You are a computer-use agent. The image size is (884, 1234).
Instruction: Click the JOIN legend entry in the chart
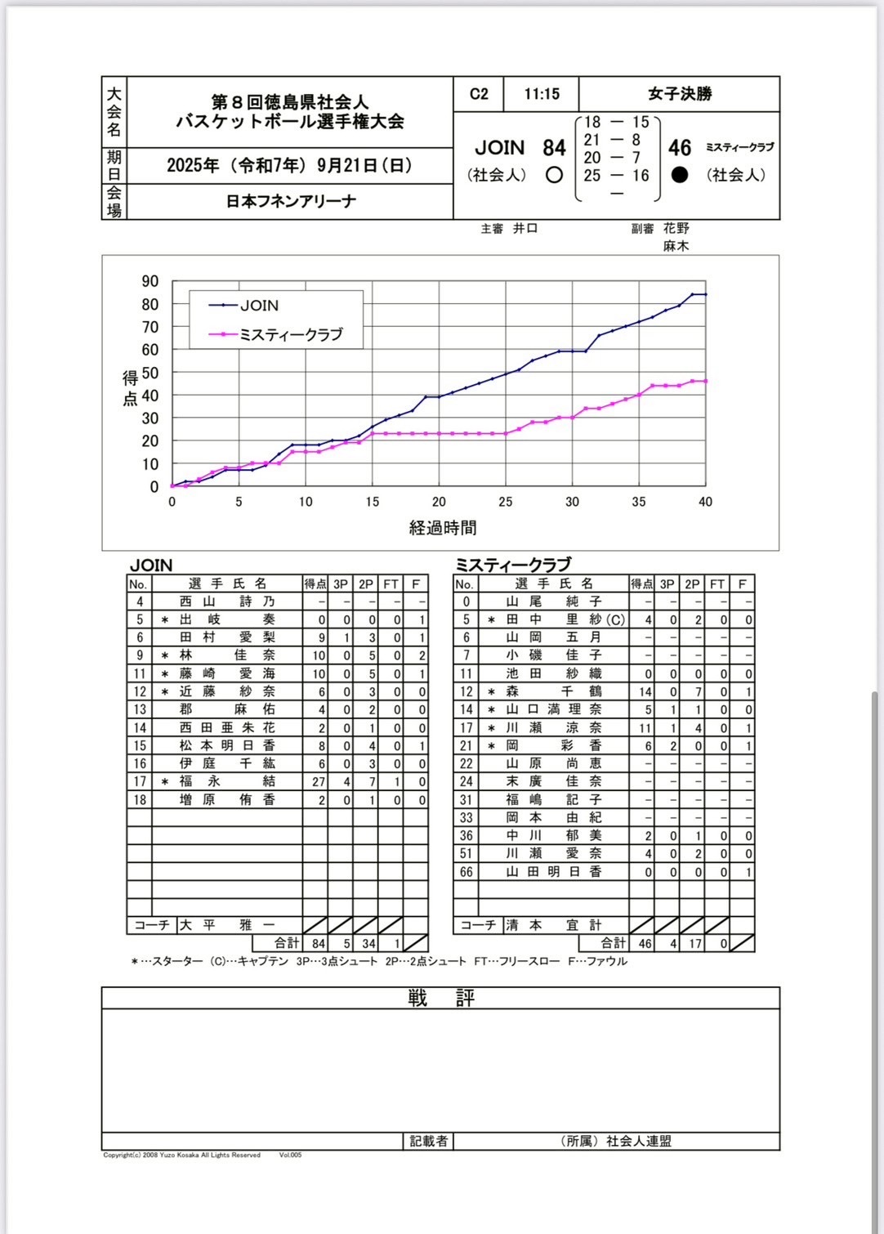pos(259,306)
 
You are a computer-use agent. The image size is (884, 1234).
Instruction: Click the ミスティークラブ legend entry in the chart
pos(290,334)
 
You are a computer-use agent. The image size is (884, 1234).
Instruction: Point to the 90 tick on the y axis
pos(150,281)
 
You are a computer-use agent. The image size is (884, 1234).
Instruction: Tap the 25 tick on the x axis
pos(506,502)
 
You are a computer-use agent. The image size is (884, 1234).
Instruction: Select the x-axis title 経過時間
pos(443,528)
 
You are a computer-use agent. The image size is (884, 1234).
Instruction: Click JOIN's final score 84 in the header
pos(554,148)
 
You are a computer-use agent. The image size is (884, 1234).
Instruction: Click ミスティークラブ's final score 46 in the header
pos(680,148)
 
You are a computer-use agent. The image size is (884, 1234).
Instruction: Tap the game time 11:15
pos(542,94)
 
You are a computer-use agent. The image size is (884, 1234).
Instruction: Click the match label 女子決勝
pos(680,94)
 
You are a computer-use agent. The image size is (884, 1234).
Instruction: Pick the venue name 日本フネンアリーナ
pos(291,201)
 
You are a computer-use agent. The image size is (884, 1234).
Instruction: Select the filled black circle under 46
pos(680,175)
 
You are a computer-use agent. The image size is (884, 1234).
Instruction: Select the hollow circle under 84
pos(554,175)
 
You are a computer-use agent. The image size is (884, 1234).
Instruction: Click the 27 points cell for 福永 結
pos(318,782)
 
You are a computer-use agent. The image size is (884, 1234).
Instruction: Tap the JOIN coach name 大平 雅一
pos(227,925)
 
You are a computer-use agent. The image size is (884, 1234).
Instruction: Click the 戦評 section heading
pos(441,998)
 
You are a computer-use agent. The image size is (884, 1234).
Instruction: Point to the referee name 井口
pos(525,229)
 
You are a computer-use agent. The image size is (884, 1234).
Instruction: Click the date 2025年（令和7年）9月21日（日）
pos(290,166)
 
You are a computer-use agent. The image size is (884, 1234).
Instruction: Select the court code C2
pos(479,94)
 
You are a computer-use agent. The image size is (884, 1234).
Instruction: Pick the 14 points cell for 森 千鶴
pos(645,691)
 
